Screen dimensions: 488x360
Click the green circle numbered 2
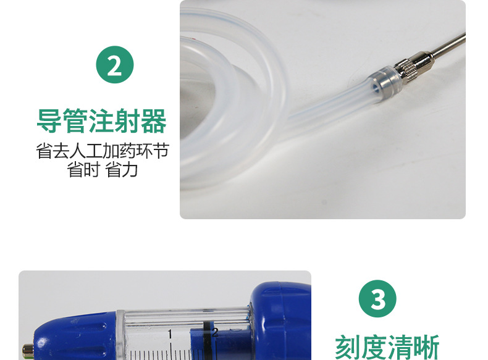pos(115,65)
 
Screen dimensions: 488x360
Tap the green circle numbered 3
pos(377,299)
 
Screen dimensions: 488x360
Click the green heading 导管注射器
pos(102,121)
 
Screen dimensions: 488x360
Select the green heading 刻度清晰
pos(387,347)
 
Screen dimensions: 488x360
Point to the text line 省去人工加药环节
pos(103,151)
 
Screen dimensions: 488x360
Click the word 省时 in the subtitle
pos(84,170)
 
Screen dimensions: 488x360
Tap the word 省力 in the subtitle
pos(121,170)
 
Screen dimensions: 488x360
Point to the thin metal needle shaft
pos(448,44)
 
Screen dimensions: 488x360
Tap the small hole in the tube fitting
pos(376,88)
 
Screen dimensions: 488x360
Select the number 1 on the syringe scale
pos(170,334)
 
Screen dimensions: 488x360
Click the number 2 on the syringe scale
pos(215,333)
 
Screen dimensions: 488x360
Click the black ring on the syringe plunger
pos(206,340)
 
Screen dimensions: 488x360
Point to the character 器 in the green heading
pos(154,121)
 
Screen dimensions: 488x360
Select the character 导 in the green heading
pos(49,121)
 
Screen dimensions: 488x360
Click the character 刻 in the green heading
pos(348,347)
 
